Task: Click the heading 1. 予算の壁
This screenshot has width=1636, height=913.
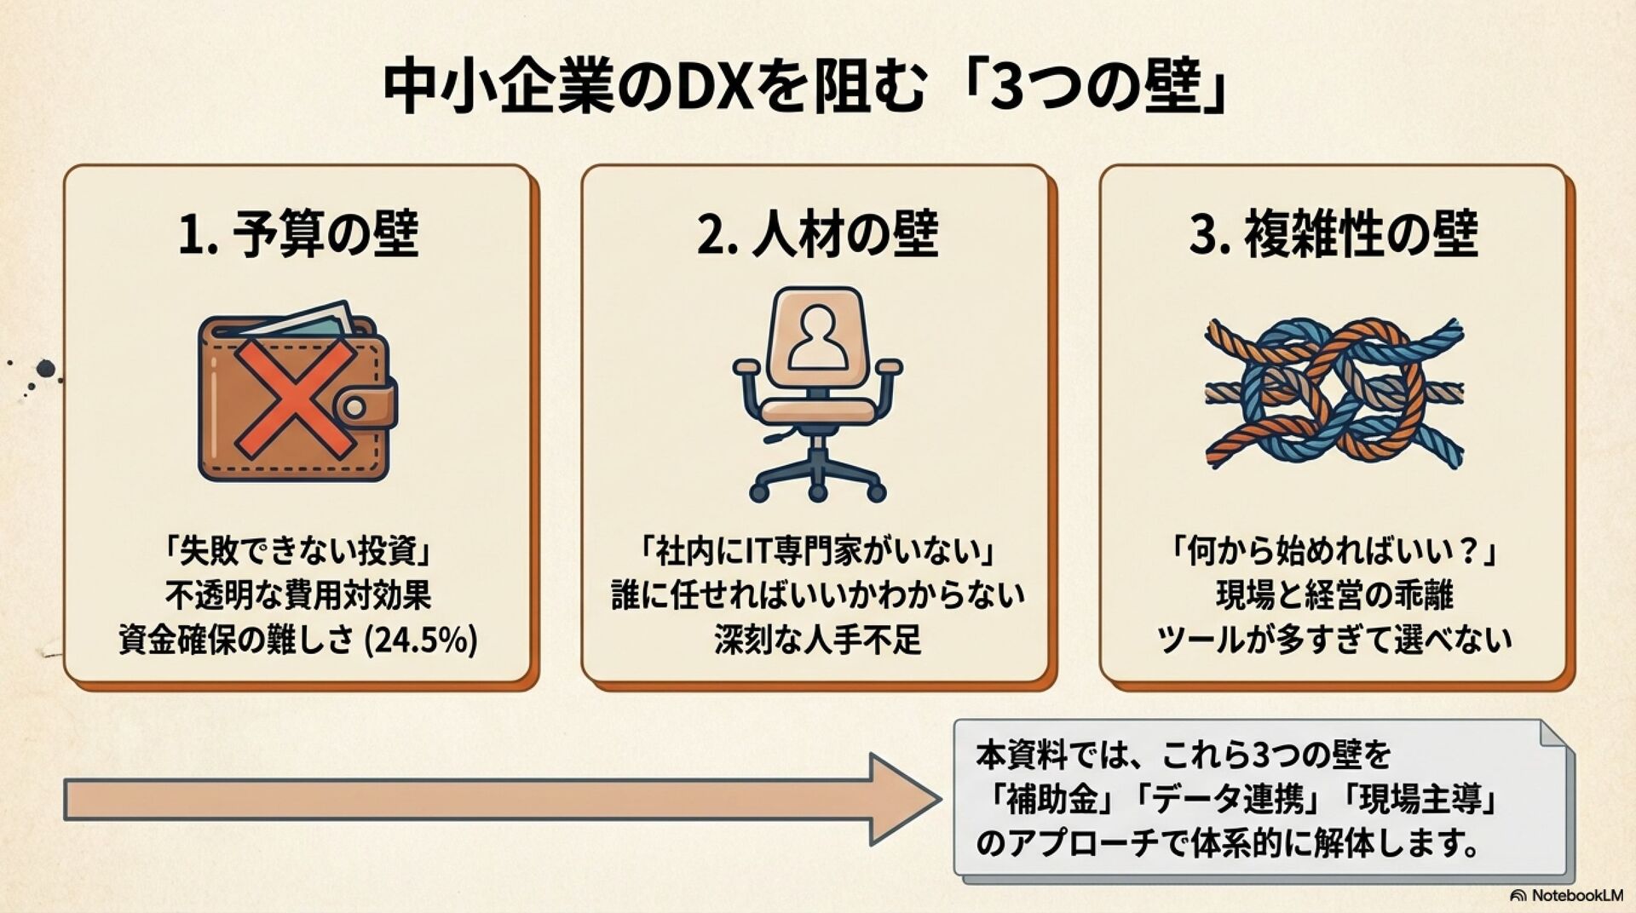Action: click(298, 235)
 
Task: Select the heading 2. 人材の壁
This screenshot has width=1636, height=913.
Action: click(816, 235)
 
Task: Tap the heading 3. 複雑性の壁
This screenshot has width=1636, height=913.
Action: click(1334, 235)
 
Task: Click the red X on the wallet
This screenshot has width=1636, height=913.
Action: click(295, 397)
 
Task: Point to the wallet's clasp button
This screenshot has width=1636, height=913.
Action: click(355, 408)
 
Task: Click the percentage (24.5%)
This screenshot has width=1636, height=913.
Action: click(421, 640)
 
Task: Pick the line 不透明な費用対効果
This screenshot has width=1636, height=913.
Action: click(298, 595)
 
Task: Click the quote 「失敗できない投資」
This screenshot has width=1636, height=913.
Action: click(298, 552)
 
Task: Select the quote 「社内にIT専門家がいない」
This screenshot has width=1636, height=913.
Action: click(816, 552)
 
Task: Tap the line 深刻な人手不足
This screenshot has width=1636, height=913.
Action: click(816, 640)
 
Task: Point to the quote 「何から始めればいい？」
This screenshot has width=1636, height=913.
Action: click(1334, 552)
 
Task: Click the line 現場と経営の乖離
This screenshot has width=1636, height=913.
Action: click(1334, 595)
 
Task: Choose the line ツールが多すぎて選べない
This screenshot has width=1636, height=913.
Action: click(1334, 640)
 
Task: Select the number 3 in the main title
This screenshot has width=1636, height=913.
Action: click(1008, 89)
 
